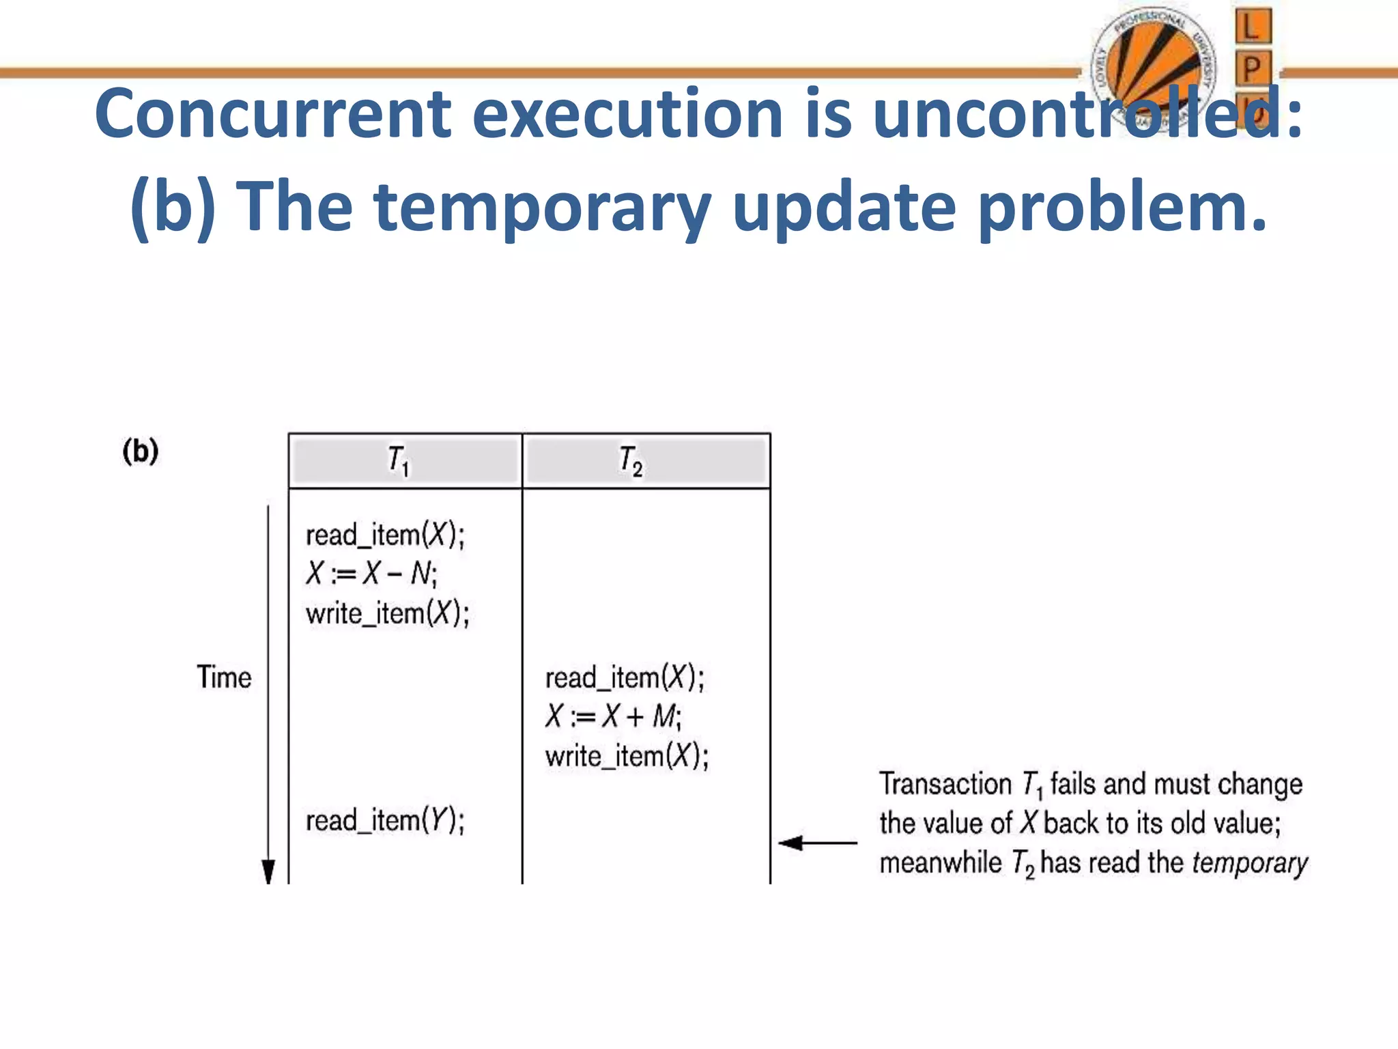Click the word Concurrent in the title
click(x=273, y=114)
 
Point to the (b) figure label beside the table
click(x=141, y=451)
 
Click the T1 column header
click(x=399, y=461)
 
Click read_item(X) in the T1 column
click(x=385, y=535)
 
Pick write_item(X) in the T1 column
click(x=387, y=613)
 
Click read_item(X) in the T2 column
click(x=625, y=678)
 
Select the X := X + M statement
click(x=613, y=716)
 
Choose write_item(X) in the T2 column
click(x=627, y=756)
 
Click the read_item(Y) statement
click(x=385, y=820)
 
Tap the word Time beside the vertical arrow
click(x=224, y=677)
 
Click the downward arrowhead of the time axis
click(x=268, y=871)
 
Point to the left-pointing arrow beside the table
click(x=816, y=843)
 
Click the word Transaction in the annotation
click(x=945, y=784)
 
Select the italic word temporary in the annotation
click(x=1249, y=863)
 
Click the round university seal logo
click(x=1154, y=68)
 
